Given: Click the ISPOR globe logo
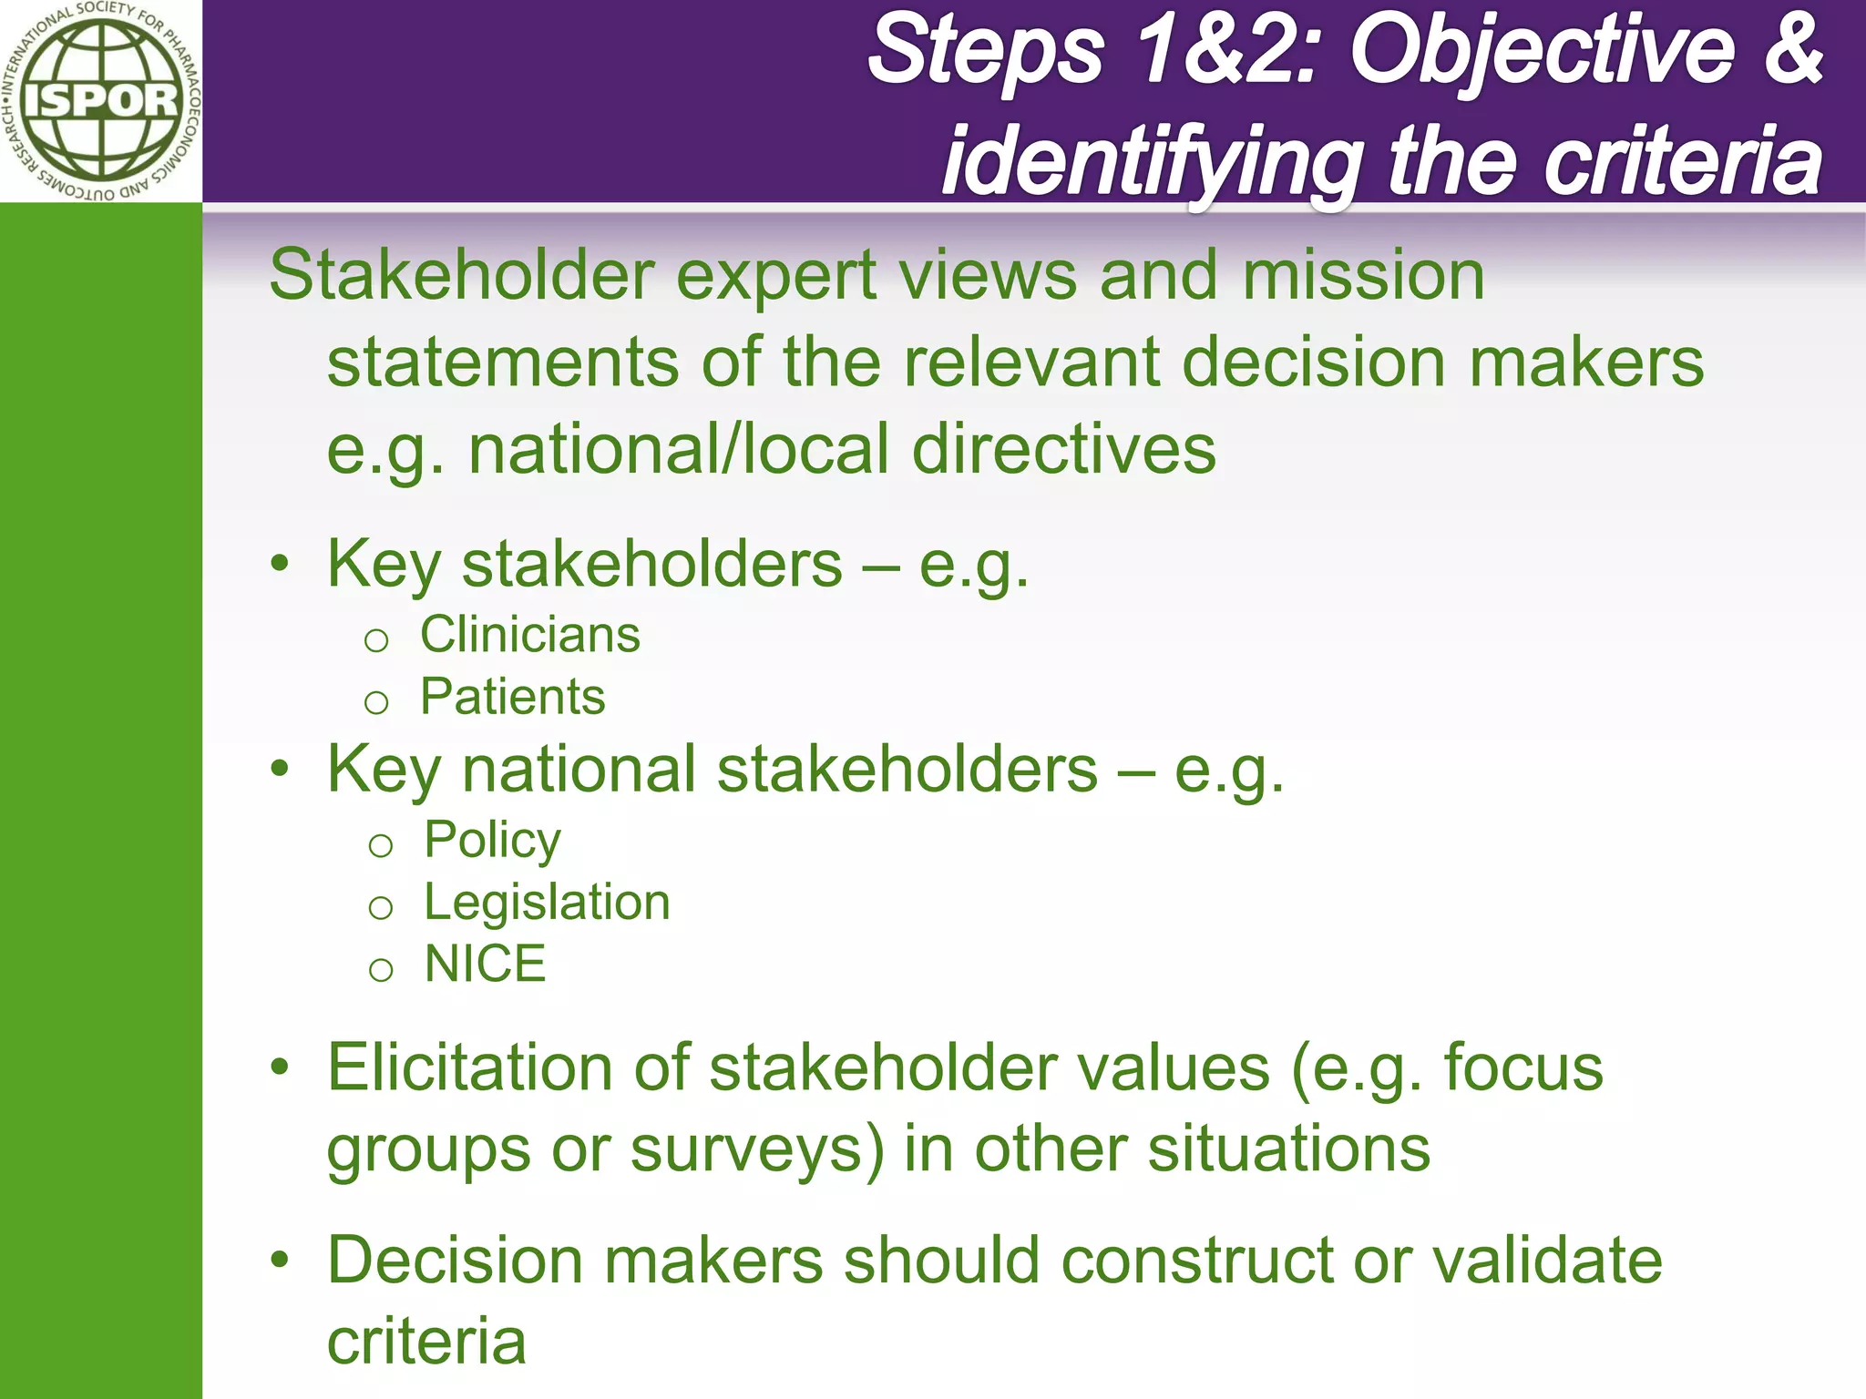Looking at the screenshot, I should point(100,100).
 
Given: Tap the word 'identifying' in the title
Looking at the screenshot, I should point(1153,164).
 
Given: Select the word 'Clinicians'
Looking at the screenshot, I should point(529,635).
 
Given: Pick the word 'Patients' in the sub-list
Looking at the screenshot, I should point(512,698).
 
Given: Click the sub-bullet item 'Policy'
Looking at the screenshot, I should point(492,840).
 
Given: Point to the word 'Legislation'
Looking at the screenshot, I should point(547,903).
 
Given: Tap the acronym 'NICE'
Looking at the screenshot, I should point(485,965).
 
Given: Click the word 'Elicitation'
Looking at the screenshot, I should point(469,1067).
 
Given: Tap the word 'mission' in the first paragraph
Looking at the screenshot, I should point(1363,276).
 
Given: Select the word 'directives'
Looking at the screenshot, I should point(1063,450).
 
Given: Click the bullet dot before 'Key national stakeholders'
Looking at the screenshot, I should point(280,770).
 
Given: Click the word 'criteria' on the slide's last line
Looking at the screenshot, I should point(426,1343).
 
